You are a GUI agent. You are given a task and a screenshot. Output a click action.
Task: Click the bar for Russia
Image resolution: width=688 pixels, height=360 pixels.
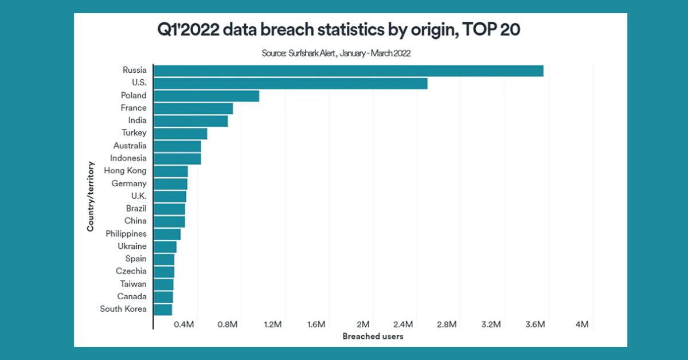pyautogui.click(x=349, y=71)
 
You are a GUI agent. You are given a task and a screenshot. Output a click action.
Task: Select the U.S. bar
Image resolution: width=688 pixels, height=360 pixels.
pyautogui.click(x=291, y=83)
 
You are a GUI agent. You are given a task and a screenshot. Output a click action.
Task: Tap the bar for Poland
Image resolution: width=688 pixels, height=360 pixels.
pyautogui.click(x=206, y=96)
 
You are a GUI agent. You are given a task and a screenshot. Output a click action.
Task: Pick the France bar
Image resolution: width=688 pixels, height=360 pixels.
pyautogui.click(x=193, y=108)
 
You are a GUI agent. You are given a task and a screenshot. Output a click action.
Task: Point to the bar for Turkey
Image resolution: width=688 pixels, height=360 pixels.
pyautogui.click(x=181, y=134)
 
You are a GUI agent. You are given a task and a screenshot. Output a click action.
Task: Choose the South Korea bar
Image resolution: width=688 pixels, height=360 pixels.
pyautogui.click(x=163, y=310)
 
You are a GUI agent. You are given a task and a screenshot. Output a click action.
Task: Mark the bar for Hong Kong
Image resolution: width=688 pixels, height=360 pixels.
pyautogui.click(x=171, y=171)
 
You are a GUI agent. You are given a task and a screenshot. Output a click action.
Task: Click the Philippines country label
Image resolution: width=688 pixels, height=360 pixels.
pyautogui.click(x=126, y=234)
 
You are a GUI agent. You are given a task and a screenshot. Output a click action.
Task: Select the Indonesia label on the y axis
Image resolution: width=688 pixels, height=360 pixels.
pyautogui.click(x=128, y=158)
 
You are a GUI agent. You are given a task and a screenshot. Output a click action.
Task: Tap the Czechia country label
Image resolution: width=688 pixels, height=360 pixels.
pyautogui.click(x=131, y=271)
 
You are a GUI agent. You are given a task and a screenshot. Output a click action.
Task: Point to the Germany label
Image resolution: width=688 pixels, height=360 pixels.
pyautogui.click(x=129, y=183)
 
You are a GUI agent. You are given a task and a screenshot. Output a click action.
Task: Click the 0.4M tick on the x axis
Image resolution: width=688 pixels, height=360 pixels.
pyautogui.click(x=183, y=325)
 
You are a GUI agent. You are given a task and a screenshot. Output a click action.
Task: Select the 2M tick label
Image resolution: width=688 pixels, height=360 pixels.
pyautogui.click(x=362, y=325)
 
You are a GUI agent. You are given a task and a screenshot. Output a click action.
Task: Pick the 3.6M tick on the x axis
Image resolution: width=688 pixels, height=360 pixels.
pyautogui.click(x=535, y=325)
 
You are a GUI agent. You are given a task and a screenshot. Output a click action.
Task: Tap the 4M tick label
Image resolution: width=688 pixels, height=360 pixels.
pyautogui.click(x=582, y=325)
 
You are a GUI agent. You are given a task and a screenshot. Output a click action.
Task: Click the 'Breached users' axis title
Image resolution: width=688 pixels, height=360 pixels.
pyautogui.click(x=373, y=336)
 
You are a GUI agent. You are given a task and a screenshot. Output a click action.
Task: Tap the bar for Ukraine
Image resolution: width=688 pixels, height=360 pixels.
pyautogui.click(x=165, y=246)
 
